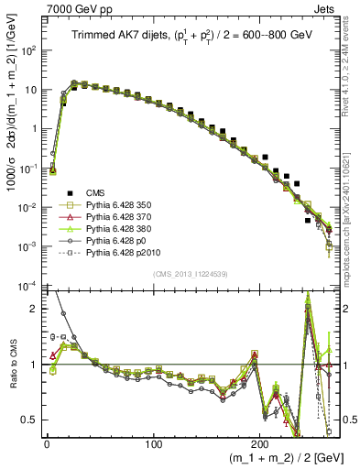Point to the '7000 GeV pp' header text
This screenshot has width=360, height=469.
(63, 8)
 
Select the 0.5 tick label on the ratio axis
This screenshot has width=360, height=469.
(29, 420)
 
